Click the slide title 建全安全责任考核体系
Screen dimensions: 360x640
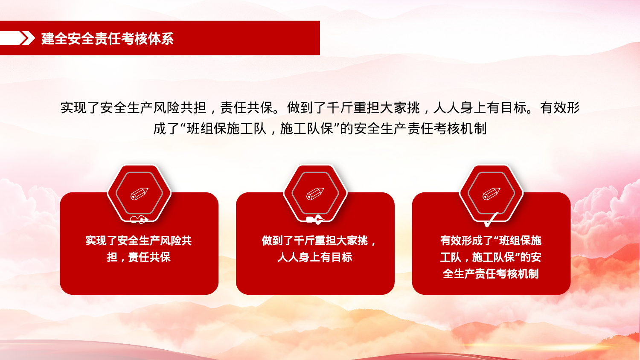(107, 39)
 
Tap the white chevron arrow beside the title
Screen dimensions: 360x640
(27, 38)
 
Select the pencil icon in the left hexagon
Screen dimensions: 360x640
(139, 194)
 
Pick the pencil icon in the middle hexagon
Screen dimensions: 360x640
(315, 194)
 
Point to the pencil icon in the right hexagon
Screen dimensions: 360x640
(491, 194)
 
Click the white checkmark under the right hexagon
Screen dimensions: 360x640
(491, 220)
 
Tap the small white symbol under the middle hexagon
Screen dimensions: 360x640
(315, 220)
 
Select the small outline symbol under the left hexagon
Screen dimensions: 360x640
(139, 220)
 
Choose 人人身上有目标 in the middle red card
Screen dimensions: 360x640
(315, 257)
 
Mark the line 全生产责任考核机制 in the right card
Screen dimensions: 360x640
(491, 274)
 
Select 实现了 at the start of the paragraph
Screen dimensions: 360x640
(80, 107)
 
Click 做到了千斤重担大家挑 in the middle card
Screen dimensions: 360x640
(314, 241)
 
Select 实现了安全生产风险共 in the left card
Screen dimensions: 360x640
(139, 241)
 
